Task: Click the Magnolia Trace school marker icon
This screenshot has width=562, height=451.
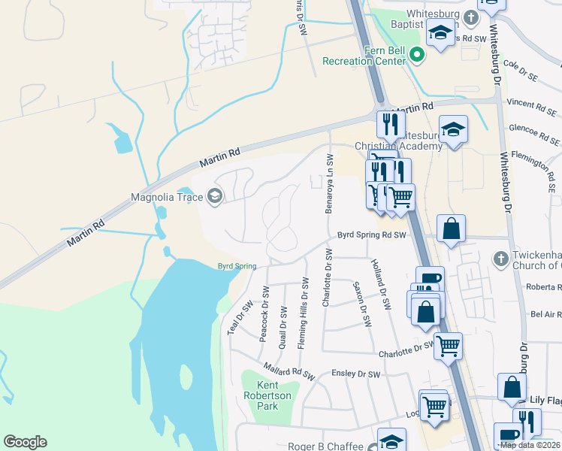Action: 214,197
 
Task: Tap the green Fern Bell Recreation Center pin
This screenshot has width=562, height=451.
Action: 417,55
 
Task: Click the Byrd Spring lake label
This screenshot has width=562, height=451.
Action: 237,266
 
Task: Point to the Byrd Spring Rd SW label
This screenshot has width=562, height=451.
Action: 371,235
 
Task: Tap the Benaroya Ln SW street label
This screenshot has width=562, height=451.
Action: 329,184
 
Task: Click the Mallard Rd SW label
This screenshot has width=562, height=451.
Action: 287,370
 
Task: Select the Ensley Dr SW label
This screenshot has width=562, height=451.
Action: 356,374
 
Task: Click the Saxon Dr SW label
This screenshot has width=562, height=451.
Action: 362,304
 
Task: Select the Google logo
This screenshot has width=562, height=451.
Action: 25,442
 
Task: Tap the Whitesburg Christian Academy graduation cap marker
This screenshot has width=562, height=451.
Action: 453,129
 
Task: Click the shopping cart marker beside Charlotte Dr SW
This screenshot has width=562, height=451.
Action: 448,346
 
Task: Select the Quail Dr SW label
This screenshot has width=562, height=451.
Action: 283,321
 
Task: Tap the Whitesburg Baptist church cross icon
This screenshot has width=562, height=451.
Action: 470,17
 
